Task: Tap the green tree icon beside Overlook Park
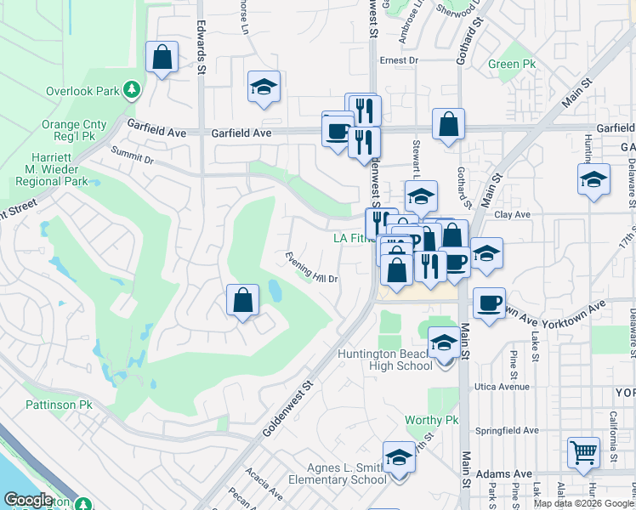click(131, 89)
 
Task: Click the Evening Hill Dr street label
click(312, 268)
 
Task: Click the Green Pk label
click(512, 65)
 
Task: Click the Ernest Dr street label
click(400, 60)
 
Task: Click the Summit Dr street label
click(132, 155)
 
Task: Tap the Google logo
click(29, 501)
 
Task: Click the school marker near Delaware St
click(593, 179)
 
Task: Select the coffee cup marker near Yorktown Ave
click(489, 303)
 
